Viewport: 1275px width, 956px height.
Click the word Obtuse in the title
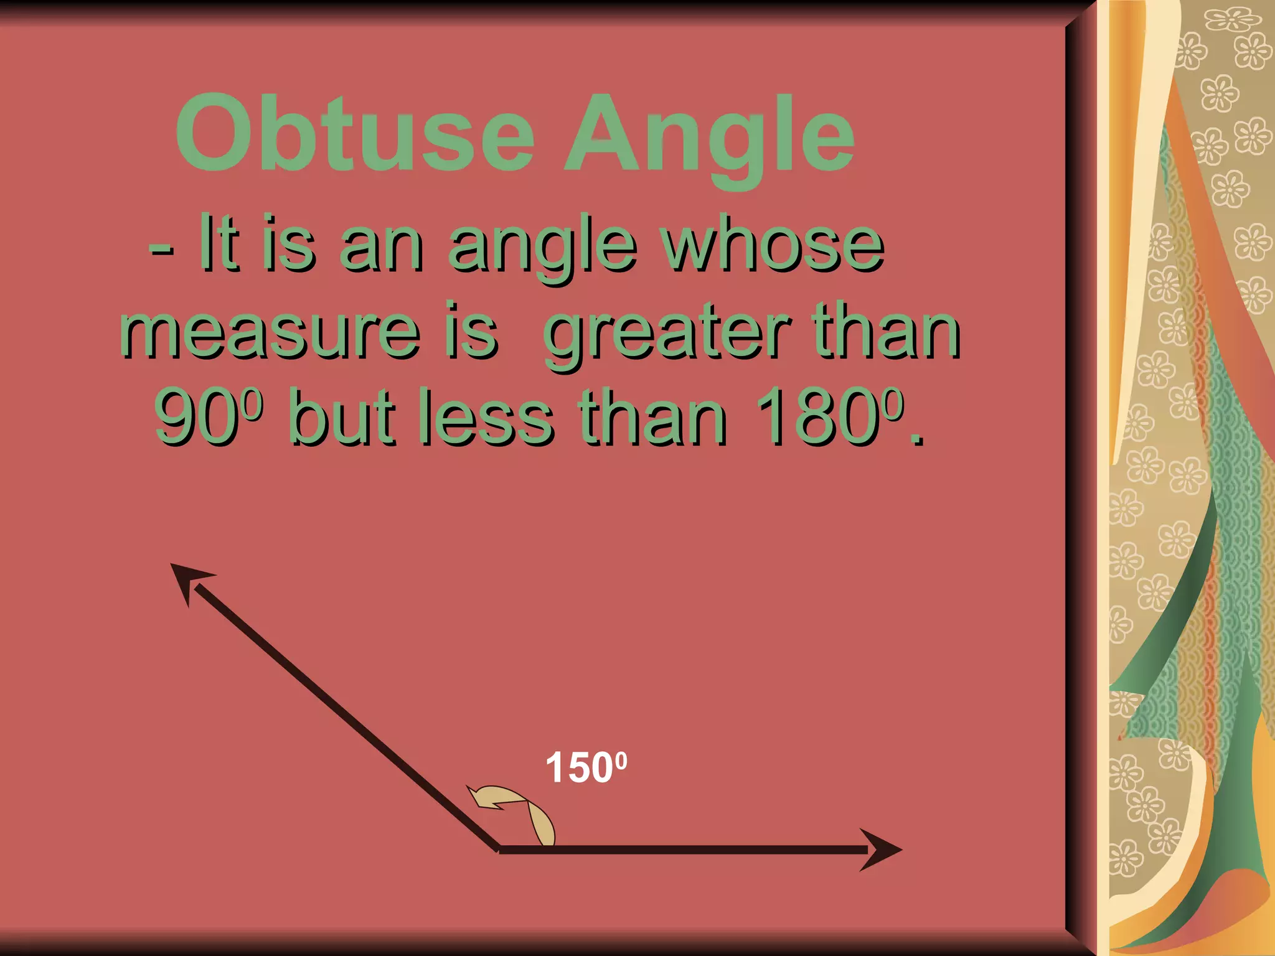tap(355, 134)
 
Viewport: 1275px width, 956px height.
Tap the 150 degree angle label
tap(585, 767)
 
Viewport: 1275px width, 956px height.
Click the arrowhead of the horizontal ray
tap(882, 850)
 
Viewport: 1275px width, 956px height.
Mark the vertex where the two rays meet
tap(499, 849)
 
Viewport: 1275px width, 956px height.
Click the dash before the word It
tap(161, 253)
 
